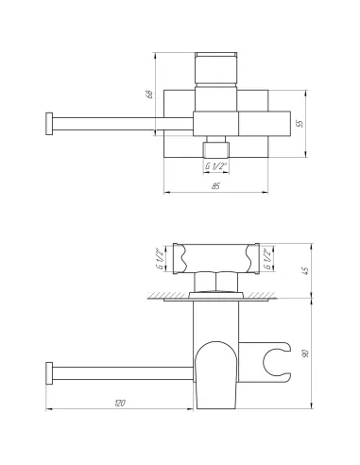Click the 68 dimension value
150,95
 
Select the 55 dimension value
300,124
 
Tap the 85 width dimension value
215,186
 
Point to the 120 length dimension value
120,403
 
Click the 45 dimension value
305,271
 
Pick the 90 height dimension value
305,353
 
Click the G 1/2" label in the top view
216,166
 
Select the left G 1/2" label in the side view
161,259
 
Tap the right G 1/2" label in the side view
267,259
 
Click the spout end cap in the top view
49,124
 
